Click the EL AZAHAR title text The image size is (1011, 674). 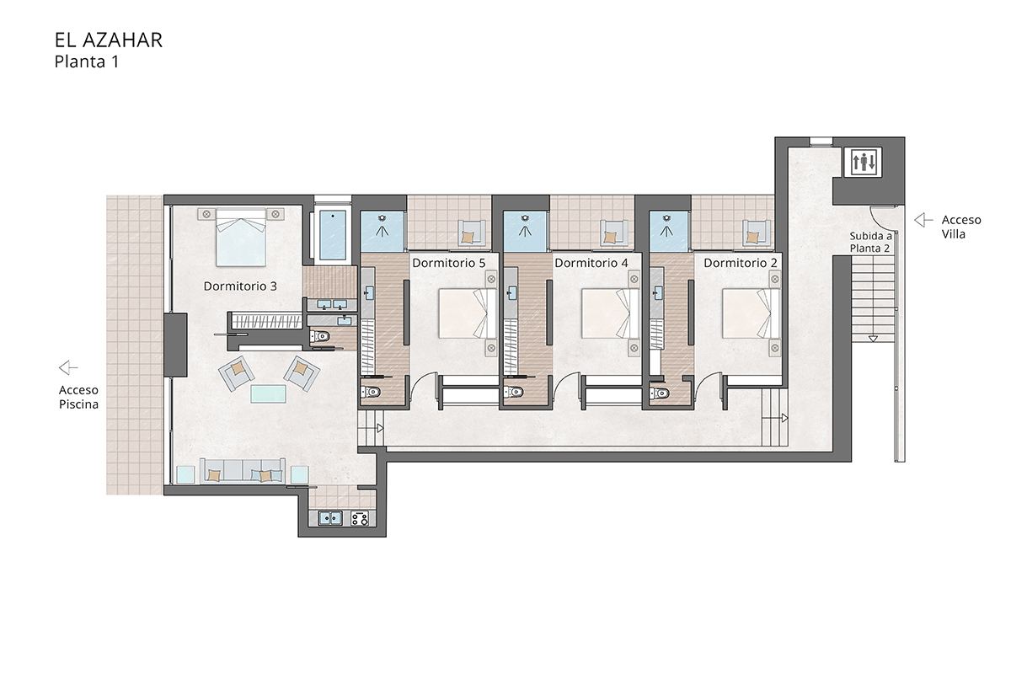click(x=108, y=40)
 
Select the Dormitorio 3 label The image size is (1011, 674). click(x=240, y=286)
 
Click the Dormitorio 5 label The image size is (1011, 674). click(x=448, y=263)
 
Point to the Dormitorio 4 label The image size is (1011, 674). click(x=591, y=263)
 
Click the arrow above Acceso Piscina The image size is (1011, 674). click(x=68, y=367)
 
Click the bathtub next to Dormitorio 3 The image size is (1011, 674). click(x=334, y=235)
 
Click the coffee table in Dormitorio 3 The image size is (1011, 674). click(x=269, y=394)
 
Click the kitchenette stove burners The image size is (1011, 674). click(x=360, y=518)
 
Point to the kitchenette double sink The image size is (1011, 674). click(x=329, y=518)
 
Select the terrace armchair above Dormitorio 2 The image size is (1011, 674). click(x=755, y=233)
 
